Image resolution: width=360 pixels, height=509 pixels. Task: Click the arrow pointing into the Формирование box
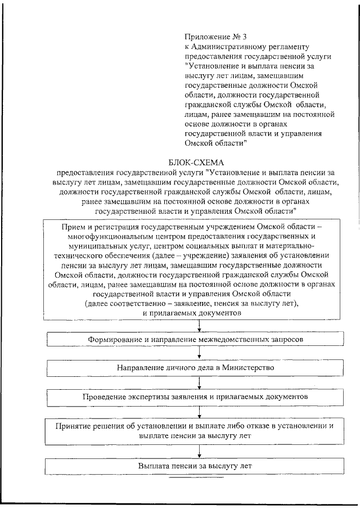pos(199,327)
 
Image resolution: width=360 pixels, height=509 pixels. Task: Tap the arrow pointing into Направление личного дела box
pos(199,354)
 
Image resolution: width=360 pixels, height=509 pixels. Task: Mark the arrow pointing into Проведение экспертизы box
pos(199,383)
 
